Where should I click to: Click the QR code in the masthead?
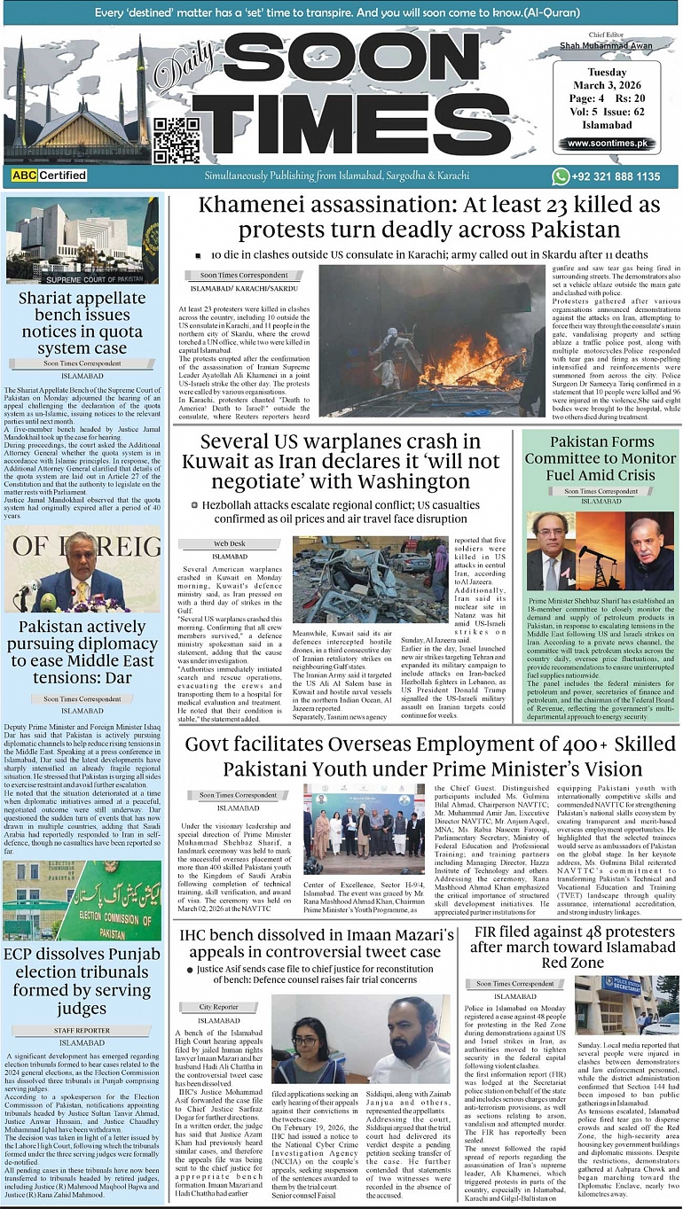pos(170,140)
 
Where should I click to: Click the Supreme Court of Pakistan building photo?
pos(82,241)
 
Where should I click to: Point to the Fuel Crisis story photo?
pos(601,550)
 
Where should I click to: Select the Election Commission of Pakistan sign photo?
pos(82,901)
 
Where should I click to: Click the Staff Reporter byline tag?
pos(82,1030)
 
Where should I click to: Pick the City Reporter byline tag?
pos(218,1007)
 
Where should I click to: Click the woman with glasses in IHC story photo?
pos(309,1046)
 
